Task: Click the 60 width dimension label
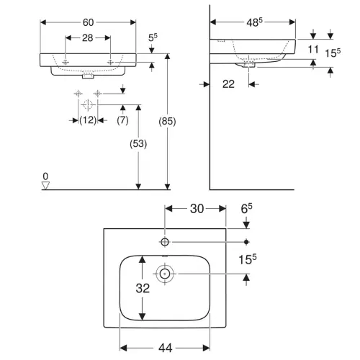point(88,22)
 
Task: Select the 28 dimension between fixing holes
point(88,38)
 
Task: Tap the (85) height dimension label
point(167,122)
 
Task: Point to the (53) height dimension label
point(138,144)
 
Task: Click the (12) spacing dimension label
point(88,120)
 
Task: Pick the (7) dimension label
point(122,120)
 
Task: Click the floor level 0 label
point(45,176)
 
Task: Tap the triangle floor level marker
point(45,185)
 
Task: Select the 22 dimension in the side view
point(228,84)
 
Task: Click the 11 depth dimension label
point(313,50)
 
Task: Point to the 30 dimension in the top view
point(197,209)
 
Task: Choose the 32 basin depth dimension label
point(143,288)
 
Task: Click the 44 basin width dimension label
point(166,348)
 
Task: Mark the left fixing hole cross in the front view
point(66,63)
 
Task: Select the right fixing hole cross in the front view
point(110,63)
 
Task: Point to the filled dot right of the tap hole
point(246,242)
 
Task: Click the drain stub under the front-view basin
point(88,76)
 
